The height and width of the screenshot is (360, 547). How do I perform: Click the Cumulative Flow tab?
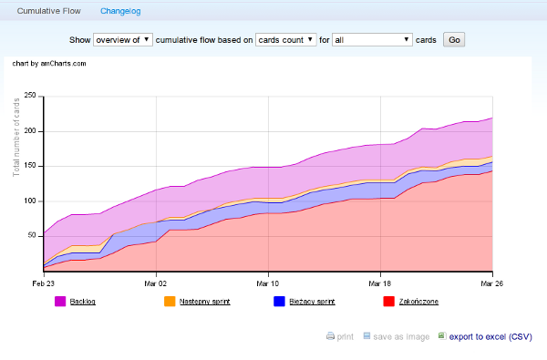click(x=48, y=10)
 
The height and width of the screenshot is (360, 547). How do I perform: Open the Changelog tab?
click(x=121, y=10)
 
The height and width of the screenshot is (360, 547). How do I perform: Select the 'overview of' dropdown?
click(x=123, y=40)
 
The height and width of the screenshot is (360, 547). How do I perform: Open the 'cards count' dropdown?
click(x=285, y=40)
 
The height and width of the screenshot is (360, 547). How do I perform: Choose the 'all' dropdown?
click(x=372, y=40)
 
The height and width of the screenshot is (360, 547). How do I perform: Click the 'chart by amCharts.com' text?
click(x=49, y=64)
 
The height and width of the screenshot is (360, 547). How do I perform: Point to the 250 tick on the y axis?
click(x=29, y=96)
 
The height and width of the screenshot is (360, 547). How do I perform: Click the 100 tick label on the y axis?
click(x=29, y=201)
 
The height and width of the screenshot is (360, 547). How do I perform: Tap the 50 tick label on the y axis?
click(x=31, y=236)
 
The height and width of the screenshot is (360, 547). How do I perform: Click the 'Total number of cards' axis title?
click(x=16, y=137)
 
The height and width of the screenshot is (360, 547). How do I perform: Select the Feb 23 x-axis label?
click(x=43, y=283)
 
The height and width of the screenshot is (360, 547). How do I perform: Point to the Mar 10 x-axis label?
click(x=268, y=283)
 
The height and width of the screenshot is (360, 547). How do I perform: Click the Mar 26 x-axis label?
click(x=492, y=283)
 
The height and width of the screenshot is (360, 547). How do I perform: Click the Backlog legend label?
click(x=82, y=301)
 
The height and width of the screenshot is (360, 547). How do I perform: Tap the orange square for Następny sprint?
click(x=169, y=301)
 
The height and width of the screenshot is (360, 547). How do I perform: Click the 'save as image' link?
click(x=401, y=336)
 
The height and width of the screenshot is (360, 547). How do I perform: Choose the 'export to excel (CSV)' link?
click(x=490, y=336)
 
